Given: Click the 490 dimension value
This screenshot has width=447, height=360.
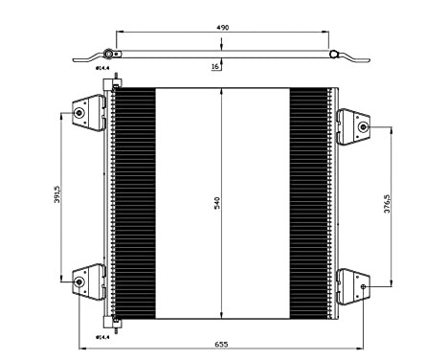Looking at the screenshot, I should pyautogui.click(x=221, y=30).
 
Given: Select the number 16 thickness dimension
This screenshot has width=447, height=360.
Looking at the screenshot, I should pyautogui.click(x=216, y=67).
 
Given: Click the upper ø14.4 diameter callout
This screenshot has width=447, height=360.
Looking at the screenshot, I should pyautogui.click(x=101, y=68).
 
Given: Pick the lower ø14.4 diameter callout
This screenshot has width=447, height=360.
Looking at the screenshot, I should pyautogui.click(x=101, y=336).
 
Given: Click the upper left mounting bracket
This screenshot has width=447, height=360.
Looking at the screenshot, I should pyautogui.click(x=89, y=113).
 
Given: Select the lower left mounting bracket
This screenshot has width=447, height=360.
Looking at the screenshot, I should pyautogui.click(x=89, y=281).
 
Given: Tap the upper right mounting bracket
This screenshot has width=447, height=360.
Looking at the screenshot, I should pyautogui.click(x=353, y=124).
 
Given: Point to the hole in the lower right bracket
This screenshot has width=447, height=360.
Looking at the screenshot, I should pyautogui.click(x=365, y=285).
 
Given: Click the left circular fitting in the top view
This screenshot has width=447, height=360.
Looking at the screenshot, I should pyautogui.click(x=110, y=55).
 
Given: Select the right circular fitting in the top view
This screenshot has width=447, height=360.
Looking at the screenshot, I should pyautogui.click(x=334, y=56).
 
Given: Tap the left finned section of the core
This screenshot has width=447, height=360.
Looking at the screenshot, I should pyautogui.click(x=134, y=203).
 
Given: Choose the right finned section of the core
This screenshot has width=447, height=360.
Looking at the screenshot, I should pyautogui.click(x=308, y=203).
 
